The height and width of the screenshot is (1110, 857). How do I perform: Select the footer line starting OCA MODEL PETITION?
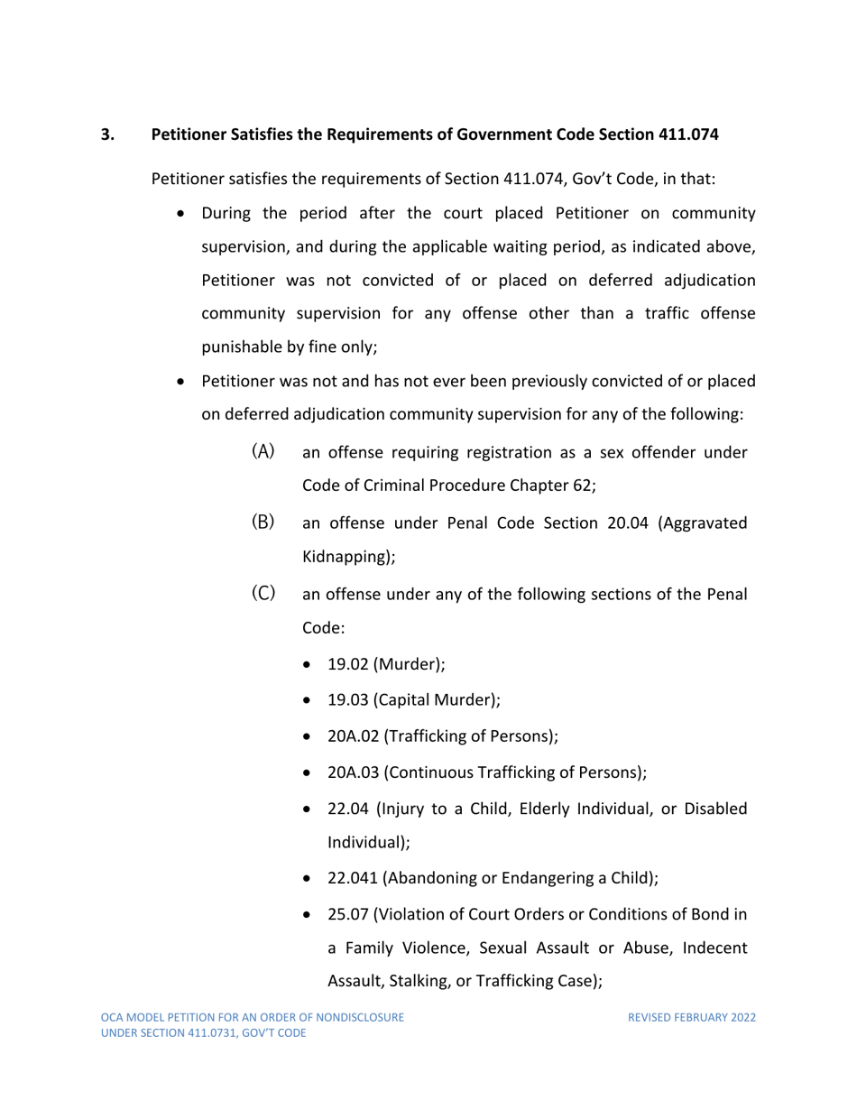tap(252, 1017)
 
